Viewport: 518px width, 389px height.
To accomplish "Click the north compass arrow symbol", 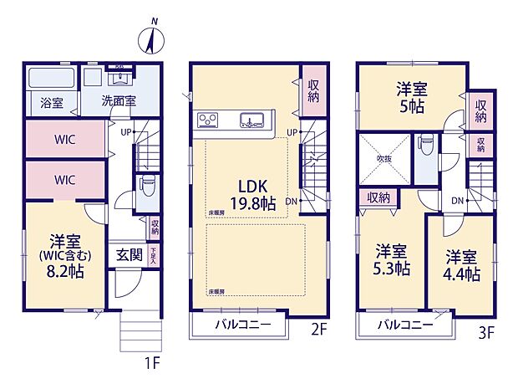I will pos(152,39).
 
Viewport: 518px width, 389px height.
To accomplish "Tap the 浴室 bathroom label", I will pos(52,103).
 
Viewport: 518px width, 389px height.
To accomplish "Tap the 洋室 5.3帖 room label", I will pos(391,259).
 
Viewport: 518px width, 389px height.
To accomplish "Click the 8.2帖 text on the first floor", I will pos(64,272).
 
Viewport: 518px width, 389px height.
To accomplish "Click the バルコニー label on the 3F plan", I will pos(404,325).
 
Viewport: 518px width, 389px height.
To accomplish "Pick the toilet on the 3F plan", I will pos(426,144).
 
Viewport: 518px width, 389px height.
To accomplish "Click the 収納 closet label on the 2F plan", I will pos(313,90).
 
